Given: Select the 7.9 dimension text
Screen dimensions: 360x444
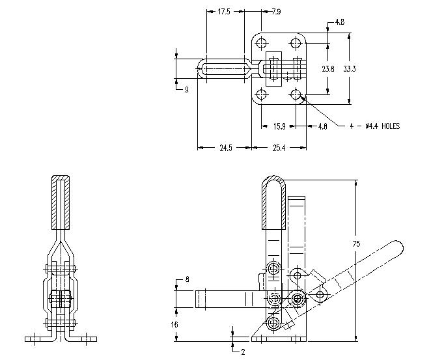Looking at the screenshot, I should point(275,11).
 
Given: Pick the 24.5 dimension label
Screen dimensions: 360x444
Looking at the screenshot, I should point(225,148).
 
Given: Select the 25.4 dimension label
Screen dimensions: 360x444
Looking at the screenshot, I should point(278,148).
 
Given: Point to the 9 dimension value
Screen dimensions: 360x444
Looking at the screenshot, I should point(186,90).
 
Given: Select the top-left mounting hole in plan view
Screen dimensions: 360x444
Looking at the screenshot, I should point(262,44).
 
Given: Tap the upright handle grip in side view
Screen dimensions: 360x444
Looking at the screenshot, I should point(273,202).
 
